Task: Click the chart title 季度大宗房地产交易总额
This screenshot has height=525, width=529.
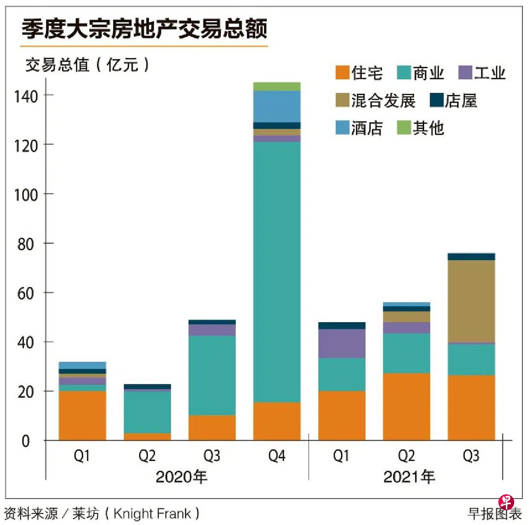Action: coord(144,29)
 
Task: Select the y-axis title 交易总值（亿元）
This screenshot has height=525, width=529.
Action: coord(87,65)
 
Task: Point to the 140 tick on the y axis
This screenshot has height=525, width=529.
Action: coord(26,96)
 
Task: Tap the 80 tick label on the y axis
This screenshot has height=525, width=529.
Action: coord(26,244)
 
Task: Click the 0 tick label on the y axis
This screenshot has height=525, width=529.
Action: coord(26,441)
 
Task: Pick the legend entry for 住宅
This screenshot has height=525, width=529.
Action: coord(360,73)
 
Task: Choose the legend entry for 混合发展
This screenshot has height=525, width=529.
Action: coord(376,100)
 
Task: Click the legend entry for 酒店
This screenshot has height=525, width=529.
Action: coord(360,128)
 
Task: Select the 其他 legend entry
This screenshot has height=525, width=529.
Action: coord(421,128)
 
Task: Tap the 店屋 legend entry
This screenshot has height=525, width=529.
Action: coord(453,100)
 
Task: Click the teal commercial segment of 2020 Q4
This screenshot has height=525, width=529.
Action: coord(277,272)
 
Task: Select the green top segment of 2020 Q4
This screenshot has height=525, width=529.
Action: coord(277,86)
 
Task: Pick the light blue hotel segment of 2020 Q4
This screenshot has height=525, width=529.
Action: coord(277,106)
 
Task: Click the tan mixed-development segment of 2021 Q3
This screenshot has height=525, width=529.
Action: coord(471,301)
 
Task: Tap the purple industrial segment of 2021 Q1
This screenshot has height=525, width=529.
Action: coord(342,343)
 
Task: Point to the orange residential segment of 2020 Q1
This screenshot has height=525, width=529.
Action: coord(82,415)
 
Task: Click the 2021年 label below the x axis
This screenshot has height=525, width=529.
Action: coord(409,477)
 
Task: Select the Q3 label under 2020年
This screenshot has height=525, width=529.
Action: coord(212,456)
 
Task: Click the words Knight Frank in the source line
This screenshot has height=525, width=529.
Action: coord(152,513)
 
